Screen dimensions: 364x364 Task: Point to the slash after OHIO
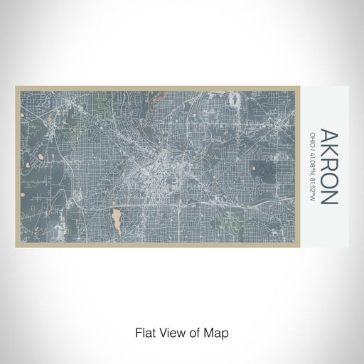312,145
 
